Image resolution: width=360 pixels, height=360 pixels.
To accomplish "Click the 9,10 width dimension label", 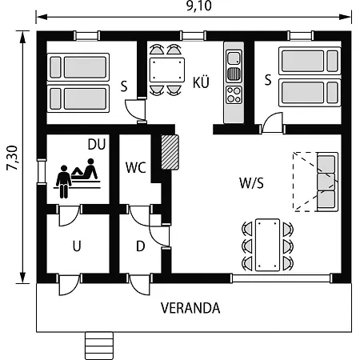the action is pyautogui.click(x=198, y=6).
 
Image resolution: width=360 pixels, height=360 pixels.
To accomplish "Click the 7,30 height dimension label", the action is pyautogui.click(x=12, y=158).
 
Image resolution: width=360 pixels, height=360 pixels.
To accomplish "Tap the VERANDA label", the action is pyautogui.click(x=190, y=308).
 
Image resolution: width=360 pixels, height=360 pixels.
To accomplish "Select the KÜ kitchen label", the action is pyautogui.click(x=201, y=82).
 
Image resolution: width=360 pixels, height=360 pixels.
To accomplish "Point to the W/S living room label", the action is pyautogui.click(x=251, y=183).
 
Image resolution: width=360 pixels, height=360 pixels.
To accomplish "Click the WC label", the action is pyautogui.click(x=136, y=167).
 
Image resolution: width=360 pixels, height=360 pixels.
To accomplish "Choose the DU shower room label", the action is pyautogui.click(x=97, y=144).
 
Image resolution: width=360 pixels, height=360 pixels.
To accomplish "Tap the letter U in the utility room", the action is pyautogui.click(x=77, y=246).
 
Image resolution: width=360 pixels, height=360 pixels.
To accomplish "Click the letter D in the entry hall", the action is pyautogui.click(x=141, y=246).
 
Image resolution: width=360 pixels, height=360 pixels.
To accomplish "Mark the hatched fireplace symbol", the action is pyautogui.click(x=170, y=152).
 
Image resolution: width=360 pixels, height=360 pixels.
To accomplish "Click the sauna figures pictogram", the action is pyautogui.click(x=78, y=178).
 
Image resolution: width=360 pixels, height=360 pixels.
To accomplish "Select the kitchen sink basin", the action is pyautogui.click(x=234, y=58).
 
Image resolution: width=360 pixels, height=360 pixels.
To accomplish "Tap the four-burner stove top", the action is pyautogui.click(x=234, y=94).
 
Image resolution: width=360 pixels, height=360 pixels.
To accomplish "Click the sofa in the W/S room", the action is pyautogui.click(x=327, y=182).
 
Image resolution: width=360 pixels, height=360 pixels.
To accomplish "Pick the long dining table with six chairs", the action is pyautogui.click(x=267, y=245).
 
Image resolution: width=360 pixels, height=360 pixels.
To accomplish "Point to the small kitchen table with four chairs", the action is pyautogui.click(x=167, y=70).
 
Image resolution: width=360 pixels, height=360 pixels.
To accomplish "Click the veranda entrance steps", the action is pyautogui.click(x=99, y=346).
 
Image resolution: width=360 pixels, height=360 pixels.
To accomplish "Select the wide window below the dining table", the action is pyautogui.click(x=282, y=278).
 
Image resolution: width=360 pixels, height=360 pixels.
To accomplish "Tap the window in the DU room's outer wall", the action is pyautogui.click(x=42, y=171).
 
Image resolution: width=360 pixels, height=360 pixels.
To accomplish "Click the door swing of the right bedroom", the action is pyautogui.click(x=271, y=122).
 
